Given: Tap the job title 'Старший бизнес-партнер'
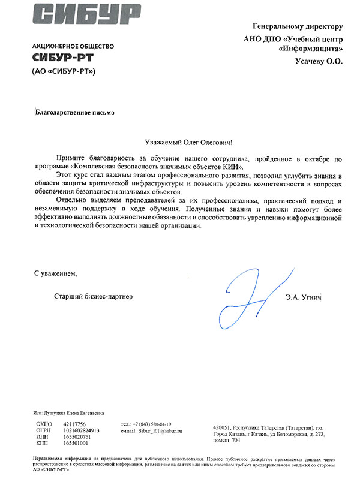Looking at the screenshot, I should (x=92, y=296).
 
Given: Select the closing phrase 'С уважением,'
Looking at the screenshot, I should (x=56, y=273).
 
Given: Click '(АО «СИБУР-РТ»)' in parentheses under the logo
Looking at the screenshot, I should (x=64, y=71).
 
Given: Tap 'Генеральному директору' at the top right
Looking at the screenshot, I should (x=298, y=26).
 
